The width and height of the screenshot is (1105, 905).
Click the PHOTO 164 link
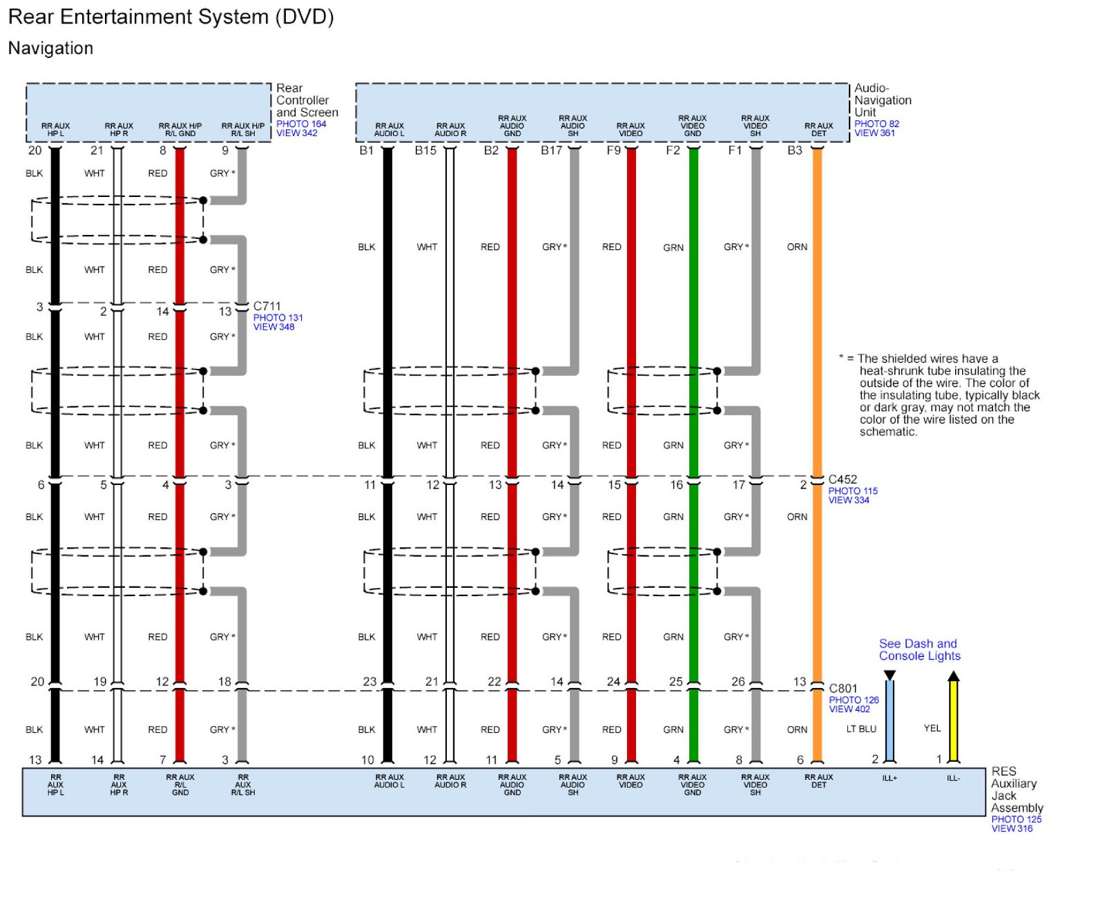[301, 124]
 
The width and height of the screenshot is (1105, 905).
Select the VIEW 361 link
[874, 133]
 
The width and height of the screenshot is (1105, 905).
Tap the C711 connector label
[267, 306]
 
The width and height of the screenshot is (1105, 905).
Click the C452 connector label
[843, 479]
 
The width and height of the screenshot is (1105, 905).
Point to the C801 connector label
[843, 688]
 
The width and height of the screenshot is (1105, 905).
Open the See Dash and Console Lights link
[919, 650]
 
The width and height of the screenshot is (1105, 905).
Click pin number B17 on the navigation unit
[551, 151]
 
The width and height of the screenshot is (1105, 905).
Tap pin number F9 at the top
[613, 151]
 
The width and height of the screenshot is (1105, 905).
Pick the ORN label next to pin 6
[797, 730]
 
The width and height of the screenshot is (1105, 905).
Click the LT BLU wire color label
[861, 729]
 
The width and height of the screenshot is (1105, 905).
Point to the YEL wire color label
[932, 728]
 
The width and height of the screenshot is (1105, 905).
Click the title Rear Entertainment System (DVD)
[171, 17]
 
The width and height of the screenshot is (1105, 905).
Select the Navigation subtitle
[50, 48]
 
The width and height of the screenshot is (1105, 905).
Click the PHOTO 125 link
[1016, 819]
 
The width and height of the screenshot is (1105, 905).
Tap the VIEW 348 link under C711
[273, 327]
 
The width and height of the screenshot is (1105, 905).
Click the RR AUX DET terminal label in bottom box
[818, 781]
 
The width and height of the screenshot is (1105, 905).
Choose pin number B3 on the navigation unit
[795, 151]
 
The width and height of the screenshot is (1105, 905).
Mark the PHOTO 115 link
[853, 491]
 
